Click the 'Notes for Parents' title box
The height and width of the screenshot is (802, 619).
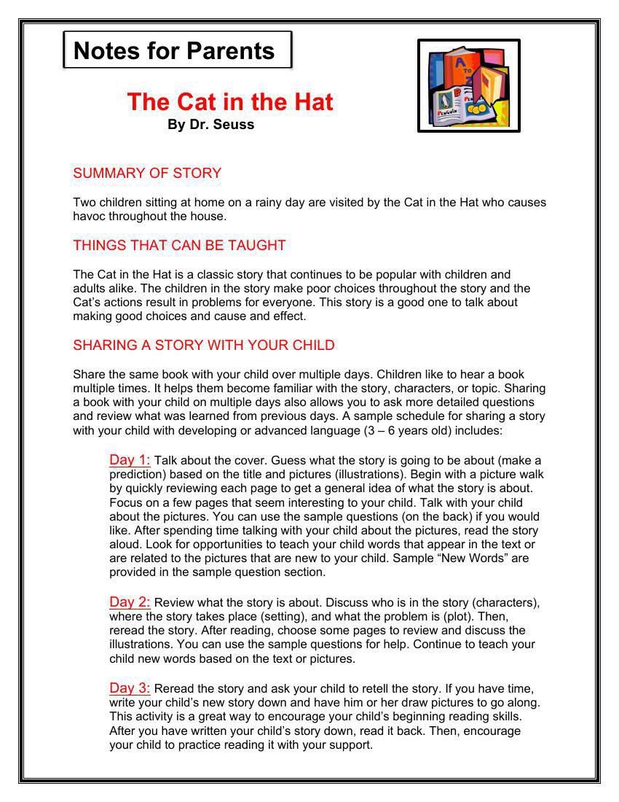click(x=177, y=50)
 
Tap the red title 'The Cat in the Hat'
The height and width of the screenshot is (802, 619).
click(x=229, y=101)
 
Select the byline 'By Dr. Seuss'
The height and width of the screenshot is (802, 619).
click(x=210, y=125)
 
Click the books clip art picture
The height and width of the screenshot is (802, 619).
click(x=468, y=86)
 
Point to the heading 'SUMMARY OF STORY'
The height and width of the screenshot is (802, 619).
click(x=147, y=174)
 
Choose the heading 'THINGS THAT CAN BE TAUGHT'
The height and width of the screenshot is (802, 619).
click(x=179, y=246)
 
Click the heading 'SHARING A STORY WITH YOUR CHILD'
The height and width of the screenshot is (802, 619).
click(x=204, y=346)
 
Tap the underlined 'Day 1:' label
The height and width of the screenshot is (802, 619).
click(x=130, y=460)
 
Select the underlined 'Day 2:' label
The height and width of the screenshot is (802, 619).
click(x=130, y=602)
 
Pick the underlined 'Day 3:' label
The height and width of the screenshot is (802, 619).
click(x=130, y=688)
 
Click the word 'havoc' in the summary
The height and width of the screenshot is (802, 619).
click(x=89, y=217)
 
